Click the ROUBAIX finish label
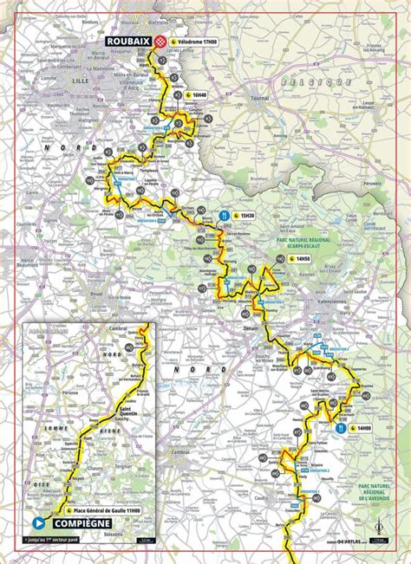(x=127, y=41)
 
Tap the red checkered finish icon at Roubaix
(x=160, y=41)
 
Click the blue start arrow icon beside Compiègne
(x=38, y=523)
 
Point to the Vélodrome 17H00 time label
(x=200, y=42)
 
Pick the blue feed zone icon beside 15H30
(x=224, y=214)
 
